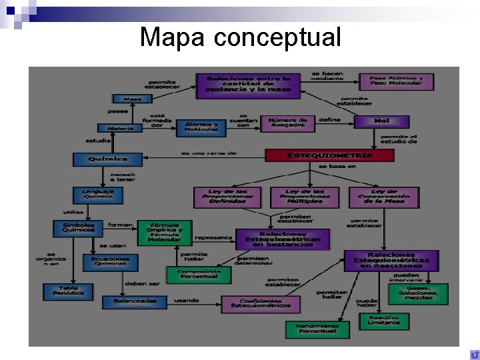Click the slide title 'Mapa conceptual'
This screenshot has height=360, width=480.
240,37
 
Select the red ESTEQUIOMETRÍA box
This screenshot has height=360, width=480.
329,155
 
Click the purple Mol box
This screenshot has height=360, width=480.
381,121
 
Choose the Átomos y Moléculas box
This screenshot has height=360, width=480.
201,127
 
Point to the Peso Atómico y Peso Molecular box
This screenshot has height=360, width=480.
396,81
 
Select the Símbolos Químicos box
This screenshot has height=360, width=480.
79,228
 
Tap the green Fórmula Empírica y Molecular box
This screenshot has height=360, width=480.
165,233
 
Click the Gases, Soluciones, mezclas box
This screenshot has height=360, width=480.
418,293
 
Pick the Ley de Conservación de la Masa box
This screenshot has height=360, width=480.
384,197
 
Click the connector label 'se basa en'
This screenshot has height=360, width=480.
337,166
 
